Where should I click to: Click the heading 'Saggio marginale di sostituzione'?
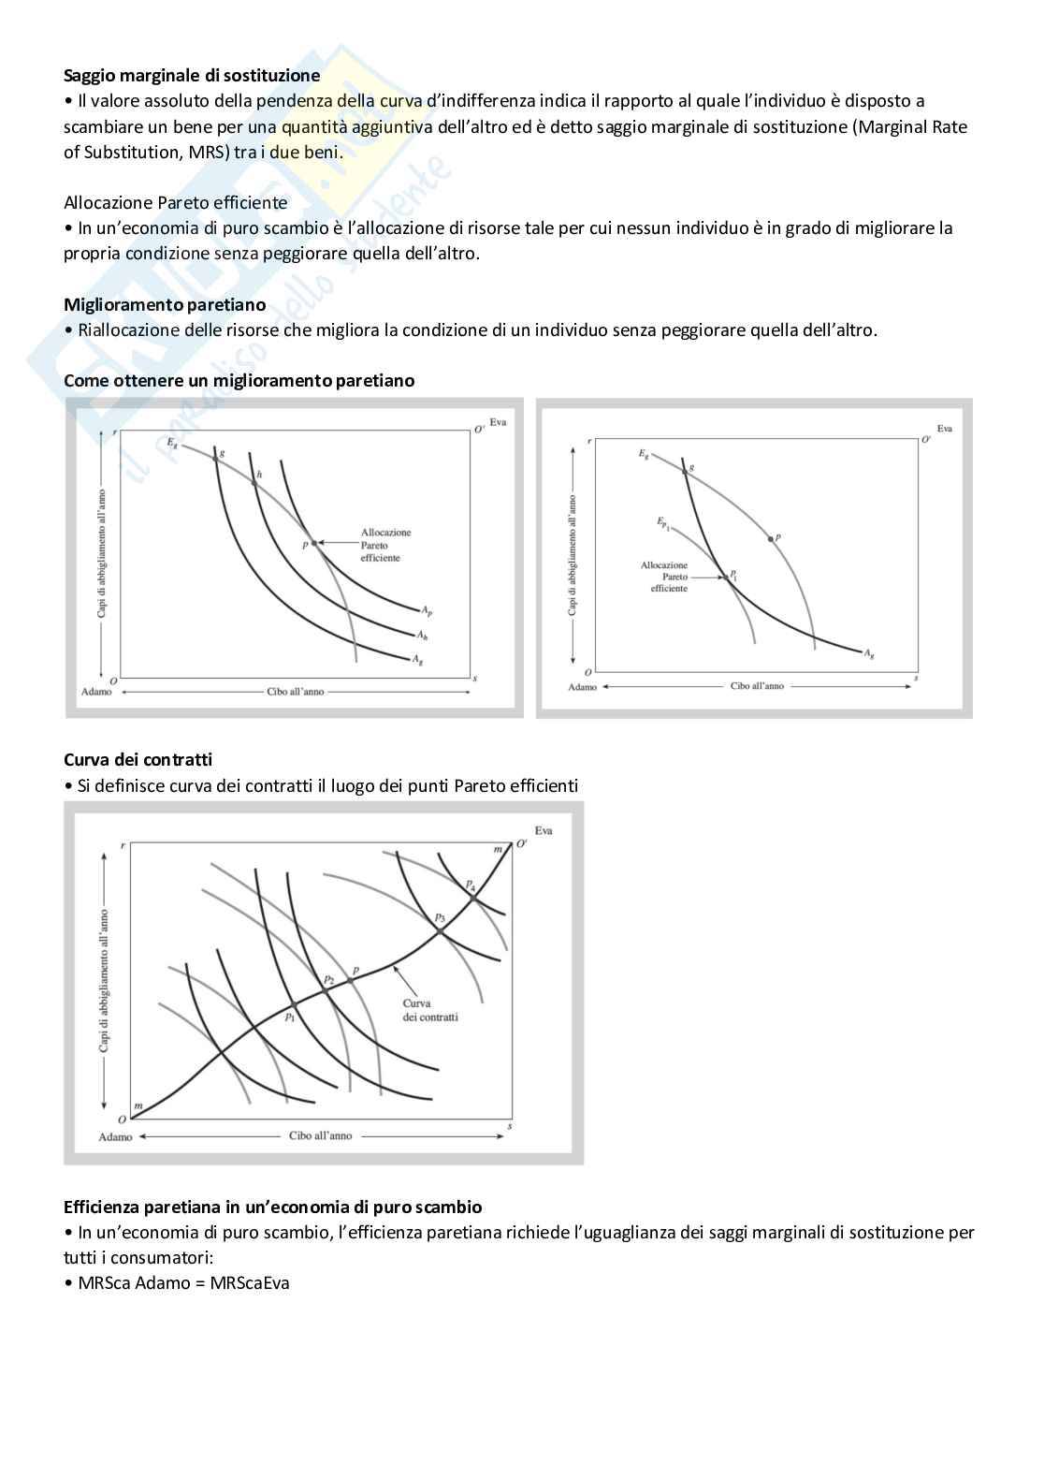coord(192,76)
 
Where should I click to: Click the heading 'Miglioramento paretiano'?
coord(165,305)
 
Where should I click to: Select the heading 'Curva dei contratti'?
coord(138,759)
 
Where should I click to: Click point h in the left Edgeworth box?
coord(255,478)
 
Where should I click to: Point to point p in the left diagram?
coord(312,542)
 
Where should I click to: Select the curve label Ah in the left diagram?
coord(422,635)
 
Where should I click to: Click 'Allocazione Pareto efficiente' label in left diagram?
coord(385,545)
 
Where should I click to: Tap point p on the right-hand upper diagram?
coord(771,539)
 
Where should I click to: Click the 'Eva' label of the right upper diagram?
coord(944,429)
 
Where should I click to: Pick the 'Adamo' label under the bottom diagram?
coord(116,1136)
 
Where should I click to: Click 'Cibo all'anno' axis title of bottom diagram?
coord(321,1135)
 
